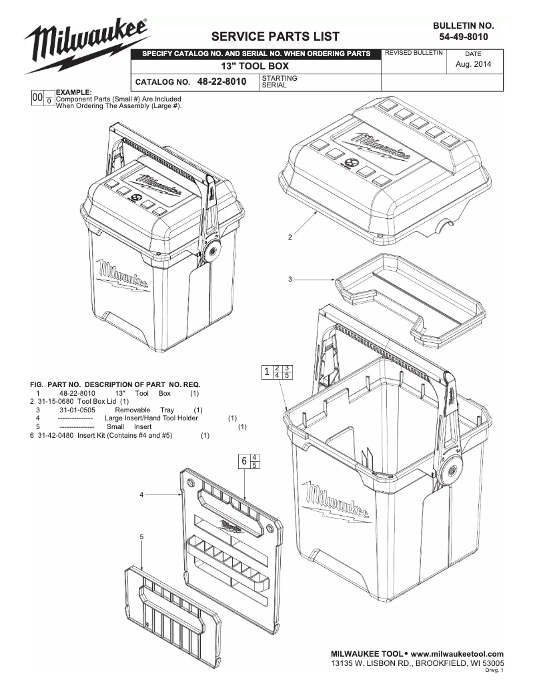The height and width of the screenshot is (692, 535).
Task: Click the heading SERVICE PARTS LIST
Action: [x=275, y=36]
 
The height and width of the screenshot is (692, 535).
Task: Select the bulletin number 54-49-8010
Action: [x=464, y=36]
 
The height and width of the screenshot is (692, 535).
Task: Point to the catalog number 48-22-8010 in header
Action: [x=221, y=81]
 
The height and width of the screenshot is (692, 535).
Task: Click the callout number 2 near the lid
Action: [x=290, y=237]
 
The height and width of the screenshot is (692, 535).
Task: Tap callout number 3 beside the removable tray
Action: [x=290, y=279]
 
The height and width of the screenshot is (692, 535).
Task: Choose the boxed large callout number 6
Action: [x=245, y=461]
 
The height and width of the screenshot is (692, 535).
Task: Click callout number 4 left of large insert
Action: [x=141, y=494]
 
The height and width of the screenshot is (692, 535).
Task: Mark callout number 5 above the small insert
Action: [x=141, y=537]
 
